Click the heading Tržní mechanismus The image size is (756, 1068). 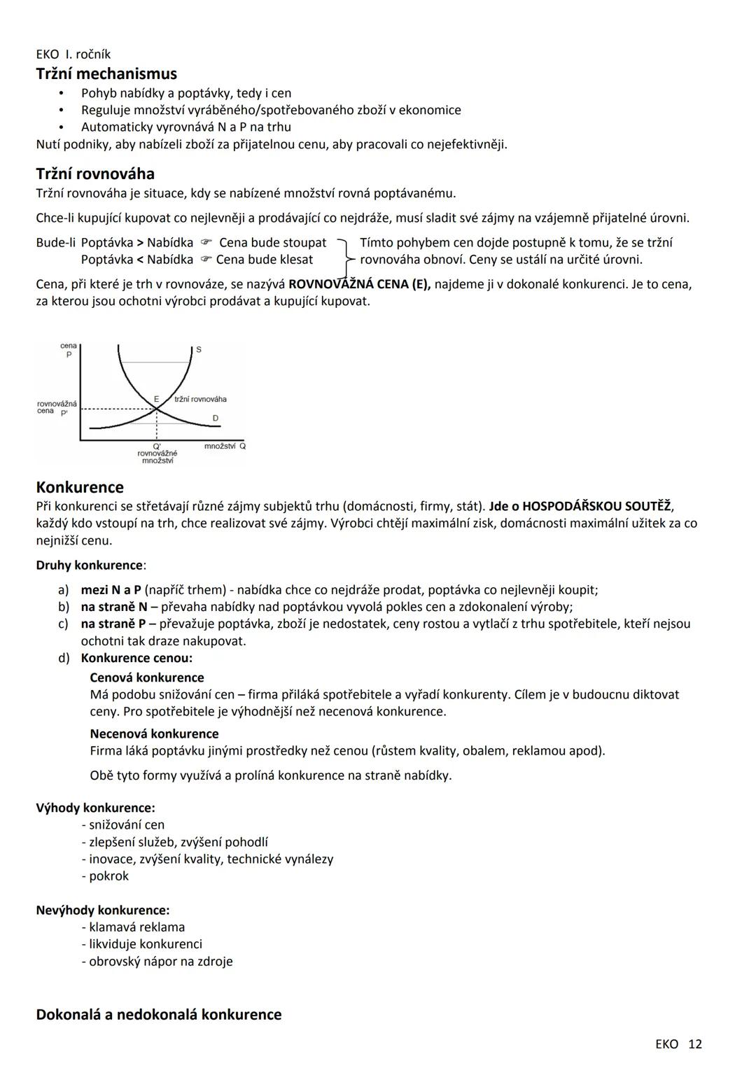pos(106,73)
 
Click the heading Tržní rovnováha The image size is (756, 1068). pos(95,174)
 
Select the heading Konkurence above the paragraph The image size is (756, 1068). pos(80,487)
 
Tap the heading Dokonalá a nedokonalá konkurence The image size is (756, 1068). pos(159,1014)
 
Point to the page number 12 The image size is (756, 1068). pos(694,1044)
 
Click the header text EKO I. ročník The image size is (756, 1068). pos(73,54)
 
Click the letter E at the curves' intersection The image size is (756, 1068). pos(157,399)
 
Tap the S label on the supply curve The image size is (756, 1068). pos(199,349)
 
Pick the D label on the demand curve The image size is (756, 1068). pos(215,418)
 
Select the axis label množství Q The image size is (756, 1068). pos(225,446)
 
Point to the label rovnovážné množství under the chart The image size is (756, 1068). pos(157,456)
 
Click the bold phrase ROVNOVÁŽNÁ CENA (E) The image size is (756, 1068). pos(359,285)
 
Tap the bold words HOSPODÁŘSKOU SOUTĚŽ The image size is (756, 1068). pos(596,506)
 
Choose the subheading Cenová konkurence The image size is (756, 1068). pos(147,677)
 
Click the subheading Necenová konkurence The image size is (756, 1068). pos(154,733)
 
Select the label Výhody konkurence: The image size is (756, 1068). pos(95,808)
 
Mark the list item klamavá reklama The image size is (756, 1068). pos(136,927)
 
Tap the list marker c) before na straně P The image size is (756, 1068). pos(63,624)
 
